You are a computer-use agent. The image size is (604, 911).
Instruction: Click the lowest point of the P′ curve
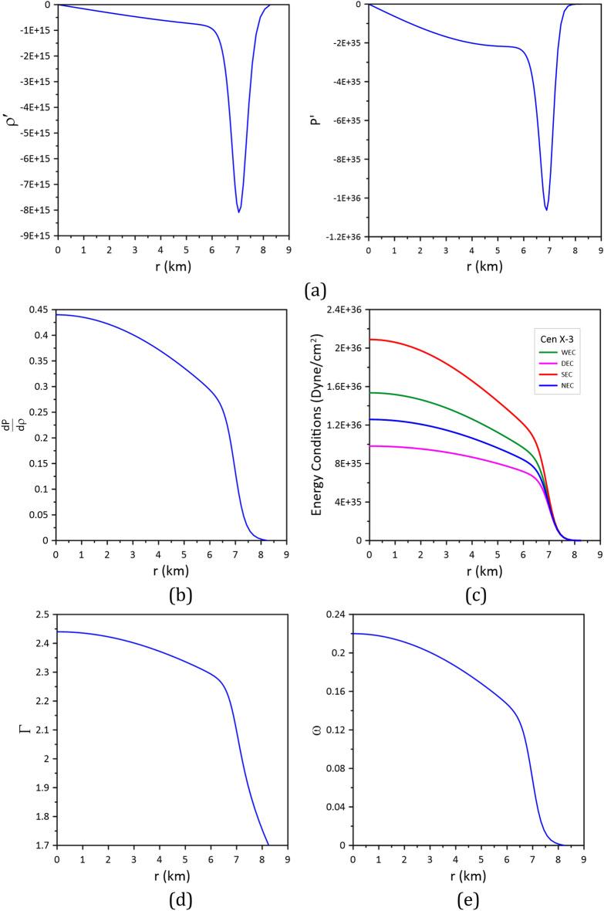pyautogui.click(x=546, y=209)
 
